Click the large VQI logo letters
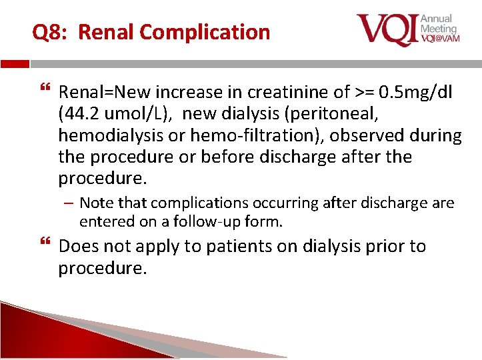click(386, 29)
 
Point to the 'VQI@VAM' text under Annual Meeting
click(439, 39)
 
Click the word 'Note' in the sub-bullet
click(95, 203)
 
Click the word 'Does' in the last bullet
click(78, 246)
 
